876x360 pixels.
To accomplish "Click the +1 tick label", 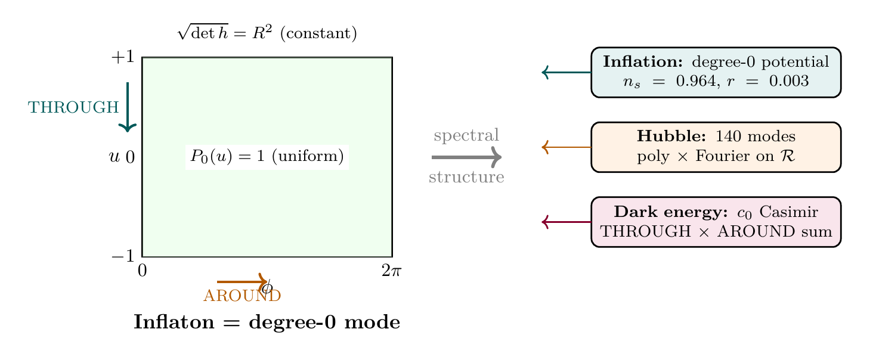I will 124,58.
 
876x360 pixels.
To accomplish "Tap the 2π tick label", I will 391,271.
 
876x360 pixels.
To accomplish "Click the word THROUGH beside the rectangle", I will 73,108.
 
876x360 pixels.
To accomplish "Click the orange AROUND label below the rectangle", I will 242,296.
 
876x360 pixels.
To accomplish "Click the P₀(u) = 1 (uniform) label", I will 267,157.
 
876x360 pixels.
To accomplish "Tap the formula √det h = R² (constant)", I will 267,33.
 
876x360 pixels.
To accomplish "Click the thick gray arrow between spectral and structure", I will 466,157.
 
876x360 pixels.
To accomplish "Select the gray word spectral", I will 466,135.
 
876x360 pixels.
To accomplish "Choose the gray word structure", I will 466,178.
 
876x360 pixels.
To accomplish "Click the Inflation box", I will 716,72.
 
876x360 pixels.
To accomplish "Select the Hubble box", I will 716,147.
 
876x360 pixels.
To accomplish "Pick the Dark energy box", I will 716,222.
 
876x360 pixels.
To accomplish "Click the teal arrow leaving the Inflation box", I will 566,73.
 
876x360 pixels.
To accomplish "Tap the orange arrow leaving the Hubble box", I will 566,147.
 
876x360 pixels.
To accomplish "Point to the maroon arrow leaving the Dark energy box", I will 566,222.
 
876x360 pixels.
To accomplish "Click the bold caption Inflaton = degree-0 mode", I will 267,322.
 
